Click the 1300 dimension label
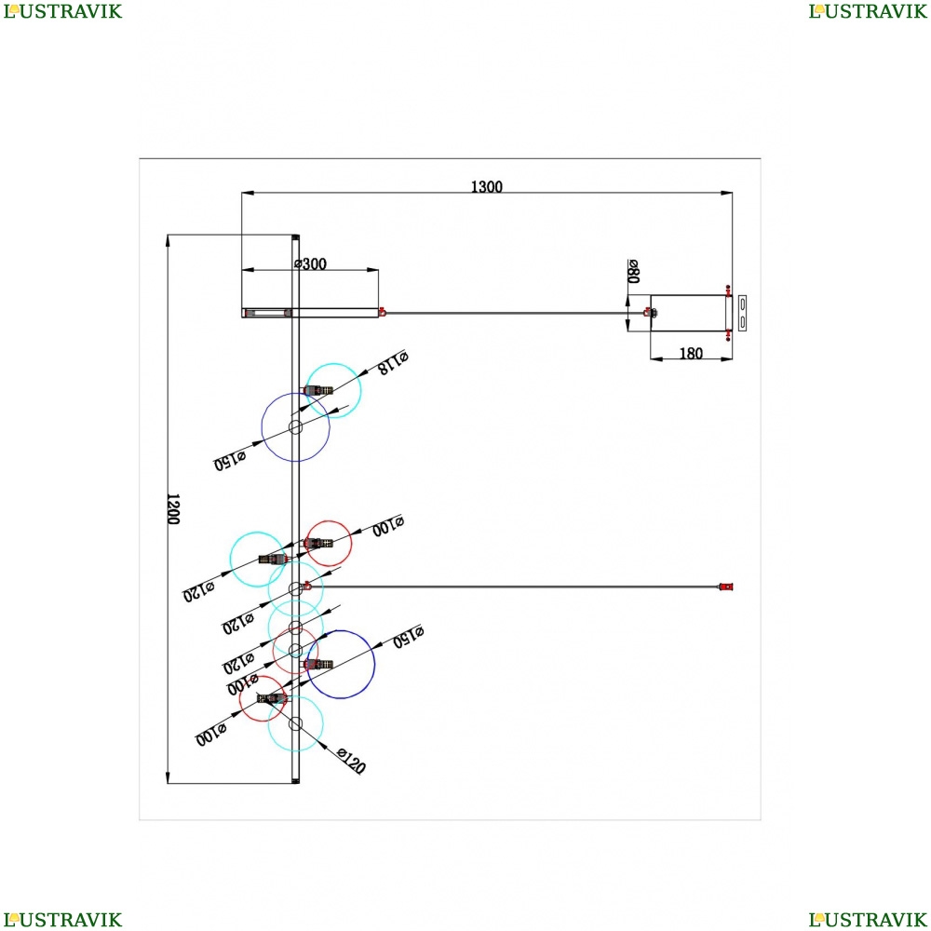[486, 187]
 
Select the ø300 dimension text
[310, 263]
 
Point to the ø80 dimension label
[633, 271]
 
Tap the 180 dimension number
[691, 354]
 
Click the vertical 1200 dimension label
[173, 508]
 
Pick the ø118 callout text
[393, 362]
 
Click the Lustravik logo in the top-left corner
[61, 11]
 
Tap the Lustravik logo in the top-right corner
[868, 11]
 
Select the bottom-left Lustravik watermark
[61, 920]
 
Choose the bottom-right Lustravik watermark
[868, 920]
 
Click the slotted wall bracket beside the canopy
[742, 312]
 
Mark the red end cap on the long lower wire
[725, 587]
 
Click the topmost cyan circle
[333, 391]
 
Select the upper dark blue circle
[295, 427]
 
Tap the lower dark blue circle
[341, 665]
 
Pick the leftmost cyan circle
[257, 559]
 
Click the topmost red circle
[329, 543]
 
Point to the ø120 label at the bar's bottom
[350, 761]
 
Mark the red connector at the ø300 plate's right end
[381, 312]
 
